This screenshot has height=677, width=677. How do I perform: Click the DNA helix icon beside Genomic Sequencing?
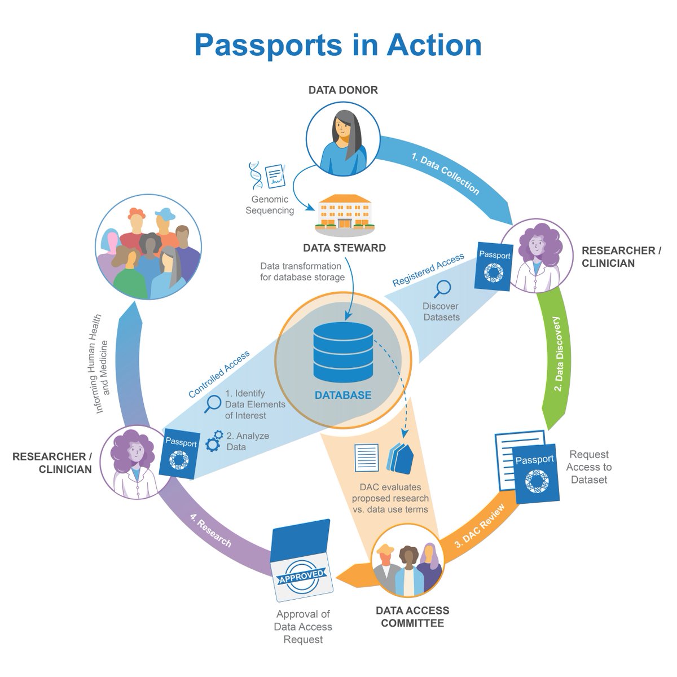(x=256, y=175)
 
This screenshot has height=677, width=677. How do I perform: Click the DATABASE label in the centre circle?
(x=343, y=395)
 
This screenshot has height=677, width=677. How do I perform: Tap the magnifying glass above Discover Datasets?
(x=443, y=289)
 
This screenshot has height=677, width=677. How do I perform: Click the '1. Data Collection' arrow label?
(x=445, y=175)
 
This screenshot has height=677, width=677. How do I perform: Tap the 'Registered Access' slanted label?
(x=428, y=270)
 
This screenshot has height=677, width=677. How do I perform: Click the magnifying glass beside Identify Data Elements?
(x=213, y=403)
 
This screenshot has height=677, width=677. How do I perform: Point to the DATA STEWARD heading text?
(x=344, y=248)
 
